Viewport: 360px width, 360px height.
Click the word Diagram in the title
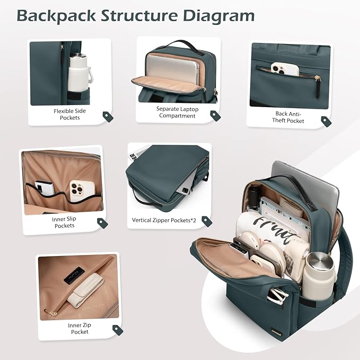click(219, 16)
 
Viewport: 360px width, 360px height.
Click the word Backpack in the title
click(56, 15)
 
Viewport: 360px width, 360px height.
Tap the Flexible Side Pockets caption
click(70, 115)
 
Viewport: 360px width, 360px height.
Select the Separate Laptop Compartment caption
click(177, 112)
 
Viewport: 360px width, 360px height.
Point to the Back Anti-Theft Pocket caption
click(288, 117)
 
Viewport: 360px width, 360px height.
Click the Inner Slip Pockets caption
click(64, 222)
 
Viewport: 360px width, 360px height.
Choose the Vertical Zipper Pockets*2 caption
click(164, 220)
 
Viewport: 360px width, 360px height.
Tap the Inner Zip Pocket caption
click(80, 328)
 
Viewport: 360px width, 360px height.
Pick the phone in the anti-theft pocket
click(285, 69)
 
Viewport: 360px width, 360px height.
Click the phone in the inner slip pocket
click(82, 190)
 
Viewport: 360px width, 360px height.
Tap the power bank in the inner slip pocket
click(45, 188)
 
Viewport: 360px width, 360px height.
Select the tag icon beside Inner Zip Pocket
click(118, 330)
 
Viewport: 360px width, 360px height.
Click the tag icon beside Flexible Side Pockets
click(108, 117)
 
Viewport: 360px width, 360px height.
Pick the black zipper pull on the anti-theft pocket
click(318, 87)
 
